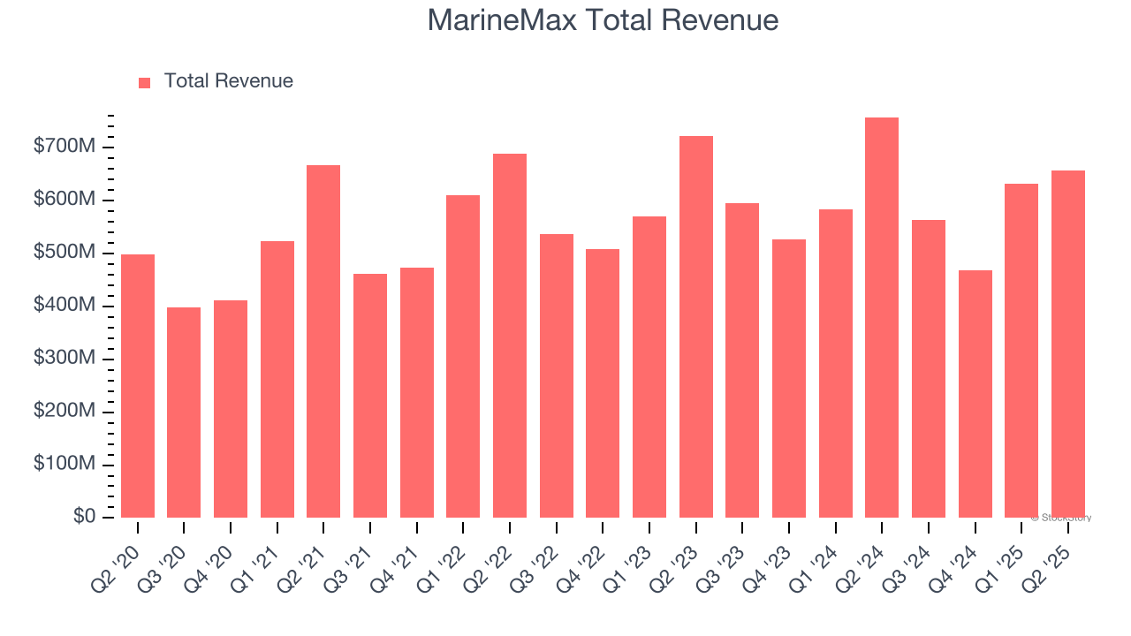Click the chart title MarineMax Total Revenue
(x=603, y=20)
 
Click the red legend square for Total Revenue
(x=145, y=82)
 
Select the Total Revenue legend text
(x=228, y=81)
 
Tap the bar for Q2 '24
(x=882, y=318)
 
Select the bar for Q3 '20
(x=184, y=413)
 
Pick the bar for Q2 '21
(x=323, y=342)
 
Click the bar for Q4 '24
(x=975, y=394)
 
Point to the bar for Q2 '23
(x=695, y=327)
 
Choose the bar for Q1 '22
(x=463, y=357)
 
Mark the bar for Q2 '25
(x=1067, y=344)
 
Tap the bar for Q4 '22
(x=603, y=383)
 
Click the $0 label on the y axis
(x=85, y=517)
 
